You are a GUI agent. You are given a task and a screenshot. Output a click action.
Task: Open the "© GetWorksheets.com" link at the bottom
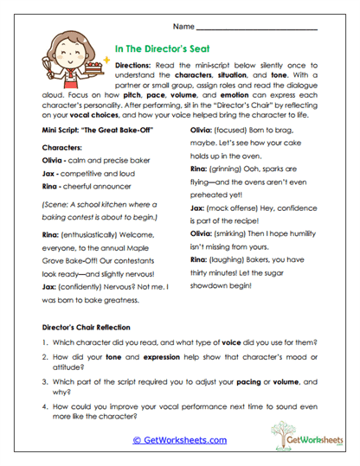point(179,439)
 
